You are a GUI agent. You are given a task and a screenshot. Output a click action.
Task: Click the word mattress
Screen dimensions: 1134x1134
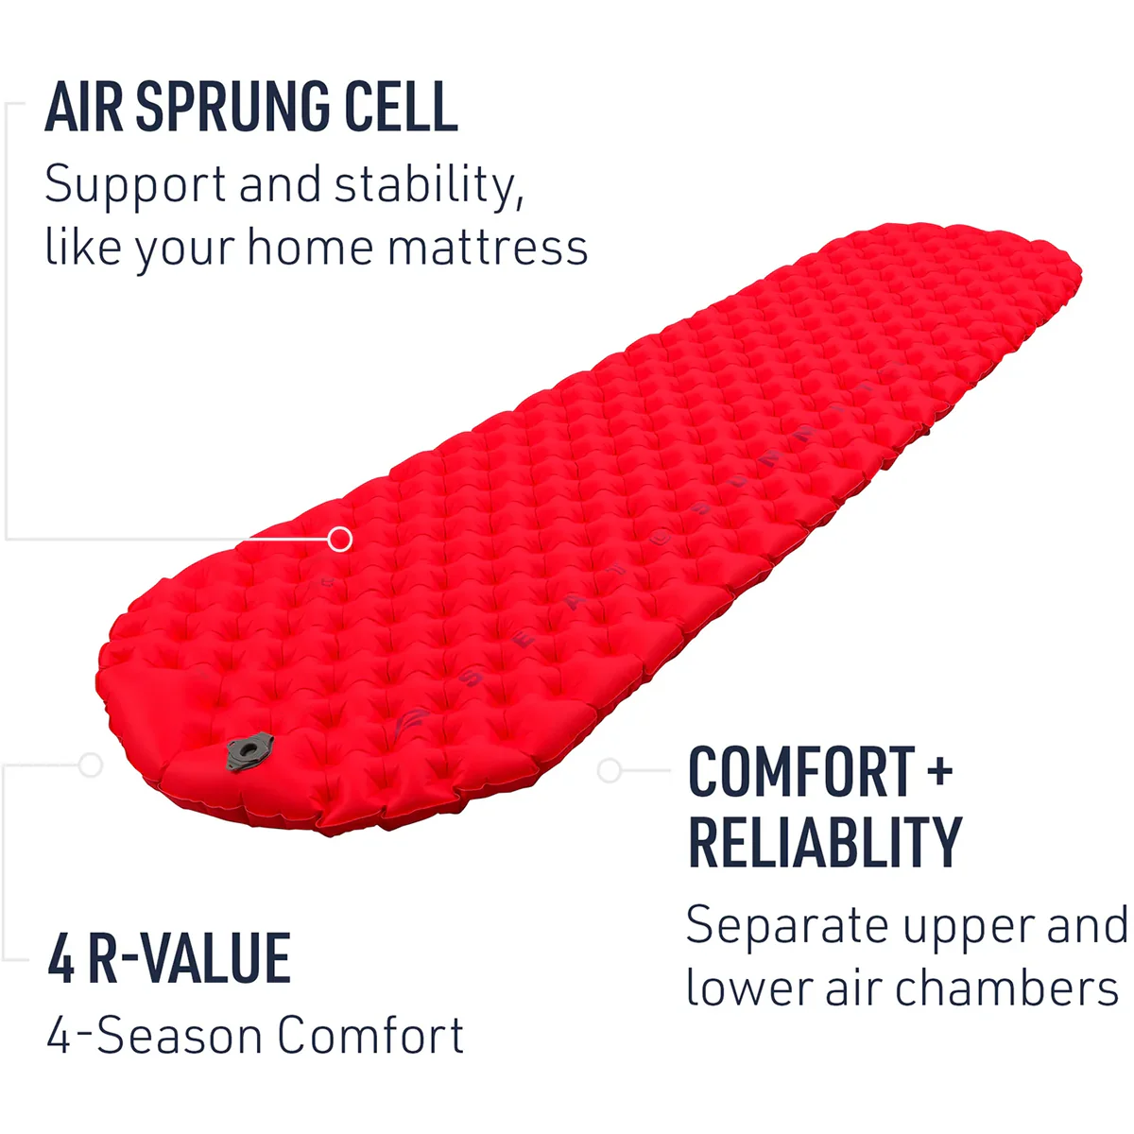[x=488, y=249]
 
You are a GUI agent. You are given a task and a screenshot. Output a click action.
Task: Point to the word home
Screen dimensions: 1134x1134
[x=310, y=249]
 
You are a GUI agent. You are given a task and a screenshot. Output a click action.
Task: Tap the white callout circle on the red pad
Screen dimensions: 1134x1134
[x=340, y=540]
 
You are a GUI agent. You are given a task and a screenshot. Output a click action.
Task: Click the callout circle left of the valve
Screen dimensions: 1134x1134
[x=91, y=765]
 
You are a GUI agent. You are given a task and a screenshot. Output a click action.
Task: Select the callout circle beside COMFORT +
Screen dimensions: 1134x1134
[x=610, y=771]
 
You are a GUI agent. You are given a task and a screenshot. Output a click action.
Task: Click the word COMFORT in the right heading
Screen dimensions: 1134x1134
[x=801, y=772]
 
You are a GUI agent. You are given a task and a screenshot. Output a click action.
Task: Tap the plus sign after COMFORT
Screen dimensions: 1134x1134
[x=939, y=772]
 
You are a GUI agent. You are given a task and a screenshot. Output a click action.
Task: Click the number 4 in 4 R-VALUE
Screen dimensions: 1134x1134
[x=61, y=959]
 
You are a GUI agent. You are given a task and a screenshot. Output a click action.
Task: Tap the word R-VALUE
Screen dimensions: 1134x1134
[x=189, y=959]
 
